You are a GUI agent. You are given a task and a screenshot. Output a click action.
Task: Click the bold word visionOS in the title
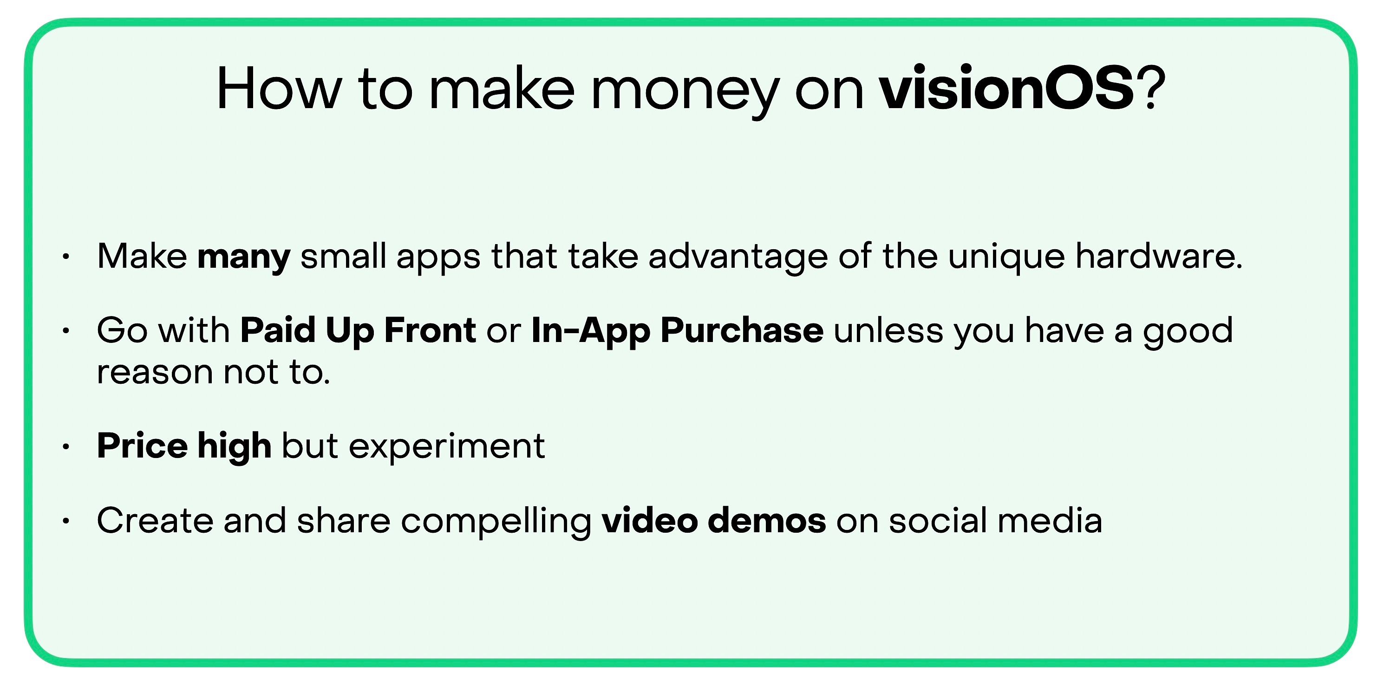(x=1007, y=88)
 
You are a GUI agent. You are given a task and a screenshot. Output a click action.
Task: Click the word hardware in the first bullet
(x=1159, y=256)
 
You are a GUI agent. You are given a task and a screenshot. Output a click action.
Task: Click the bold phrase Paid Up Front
(x=358, y=331)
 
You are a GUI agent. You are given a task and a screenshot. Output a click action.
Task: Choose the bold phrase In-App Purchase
(x=677, y=331)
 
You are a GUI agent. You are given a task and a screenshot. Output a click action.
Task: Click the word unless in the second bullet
(x=888, y=329)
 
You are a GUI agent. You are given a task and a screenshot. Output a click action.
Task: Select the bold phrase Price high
(x=184, y=447)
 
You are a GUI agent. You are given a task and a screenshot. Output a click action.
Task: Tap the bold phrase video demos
(x=713, y=521)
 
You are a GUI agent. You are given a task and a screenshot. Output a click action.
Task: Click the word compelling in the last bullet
(x=496, y=522)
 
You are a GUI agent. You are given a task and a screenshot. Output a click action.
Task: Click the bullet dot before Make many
(x=66, y=257)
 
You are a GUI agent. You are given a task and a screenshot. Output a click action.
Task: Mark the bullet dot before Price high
(x=66, y=447)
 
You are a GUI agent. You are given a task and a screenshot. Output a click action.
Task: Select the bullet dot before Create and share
(x=66, y=521)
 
